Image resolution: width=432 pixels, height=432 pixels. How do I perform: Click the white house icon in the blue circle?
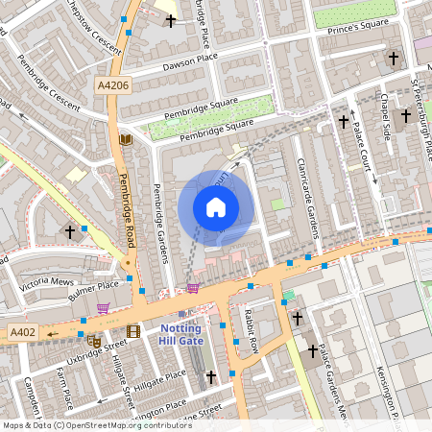pos(216,206)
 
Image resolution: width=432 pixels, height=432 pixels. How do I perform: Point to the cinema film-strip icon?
pos(133,331)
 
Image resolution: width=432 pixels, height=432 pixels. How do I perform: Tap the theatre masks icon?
pos(94,340)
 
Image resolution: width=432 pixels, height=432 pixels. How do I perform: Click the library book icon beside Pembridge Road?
pos(124,140)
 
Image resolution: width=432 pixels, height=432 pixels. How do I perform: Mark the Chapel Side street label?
pos(385,115)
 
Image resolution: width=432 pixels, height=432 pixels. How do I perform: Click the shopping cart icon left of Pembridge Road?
pos(103,308)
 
